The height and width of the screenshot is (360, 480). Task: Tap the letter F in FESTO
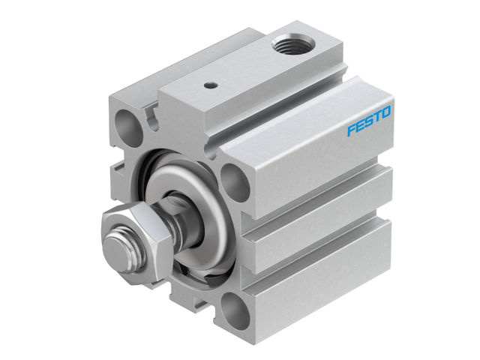tap(351, 130)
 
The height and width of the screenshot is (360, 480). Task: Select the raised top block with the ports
tap(247, 82)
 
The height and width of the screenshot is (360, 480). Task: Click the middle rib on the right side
tap(322, 225)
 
